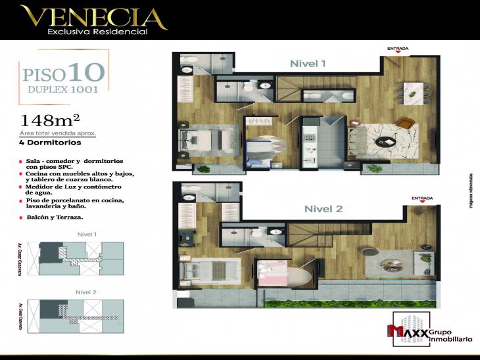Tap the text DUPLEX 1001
point(63,89)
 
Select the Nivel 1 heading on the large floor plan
point(308,64)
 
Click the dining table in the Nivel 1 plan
point(413,92)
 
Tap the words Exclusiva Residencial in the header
point(92,31)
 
